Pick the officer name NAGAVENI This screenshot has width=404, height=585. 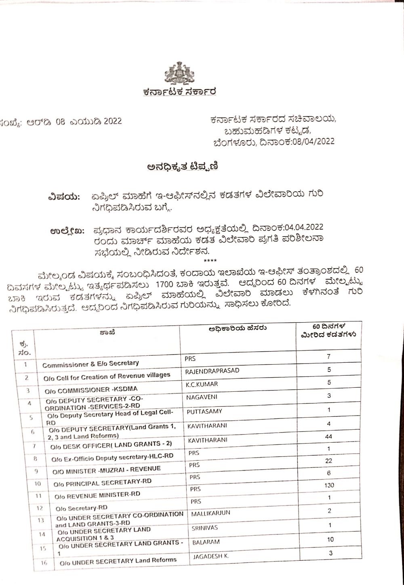click(202, 397)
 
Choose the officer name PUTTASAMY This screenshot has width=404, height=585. click(204, 412)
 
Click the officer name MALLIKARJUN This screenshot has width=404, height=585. click(210, 513)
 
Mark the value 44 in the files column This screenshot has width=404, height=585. click(329, 437)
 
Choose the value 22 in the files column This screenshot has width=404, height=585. click(329, 461)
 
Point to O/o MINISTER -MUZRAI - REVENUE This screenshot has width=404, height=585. click(106, 470)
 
